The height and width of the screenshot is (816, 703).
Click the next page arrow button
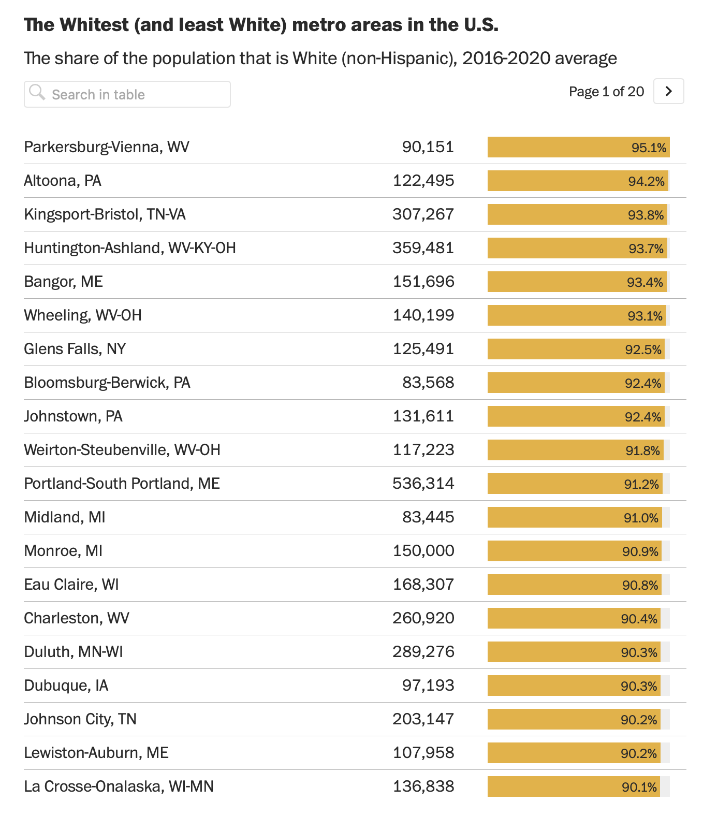tap(668, 92)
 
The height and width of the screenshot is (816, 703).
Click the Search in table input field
tap(135, 95)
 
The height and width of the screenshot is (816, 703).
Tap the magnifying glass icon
tap(37, 93)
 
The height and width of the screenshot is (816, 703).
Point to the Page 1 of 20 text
tap(606, 92)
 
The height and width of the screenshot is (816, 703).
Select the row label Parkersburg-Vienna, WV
tap(107, 147)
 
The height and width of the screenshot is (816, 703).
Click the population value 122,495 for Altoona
tap(423, 181)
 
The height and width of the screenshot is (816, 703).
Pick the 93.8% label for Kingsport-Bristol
tap(646, 215)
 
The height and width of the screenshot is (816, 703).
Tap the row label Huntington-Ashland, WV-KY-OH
tap(130, 248)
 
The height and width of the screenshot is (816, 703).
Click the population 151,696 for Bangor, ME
tap(423, 282)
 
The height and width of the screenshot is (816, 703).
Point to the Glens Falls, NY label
tap(75, 349)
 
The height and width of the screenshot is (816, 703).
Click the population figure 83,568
tap(428, 383)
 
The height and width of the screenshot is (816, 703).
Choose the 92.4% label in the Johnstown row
tap(643, 417)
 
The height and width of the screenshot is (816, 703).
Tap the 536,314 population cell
tap(423, 484)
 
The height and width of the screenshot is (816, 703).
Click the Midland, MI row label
tap(65, 517)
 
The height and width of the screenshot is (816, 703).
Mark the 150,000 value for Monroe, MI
tap(423, 551)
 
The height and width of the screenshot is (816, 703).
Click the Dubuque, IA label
tap(66, 686)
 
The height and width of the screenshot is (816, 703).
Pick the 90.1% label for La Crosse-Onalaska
tap(639, 787)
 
